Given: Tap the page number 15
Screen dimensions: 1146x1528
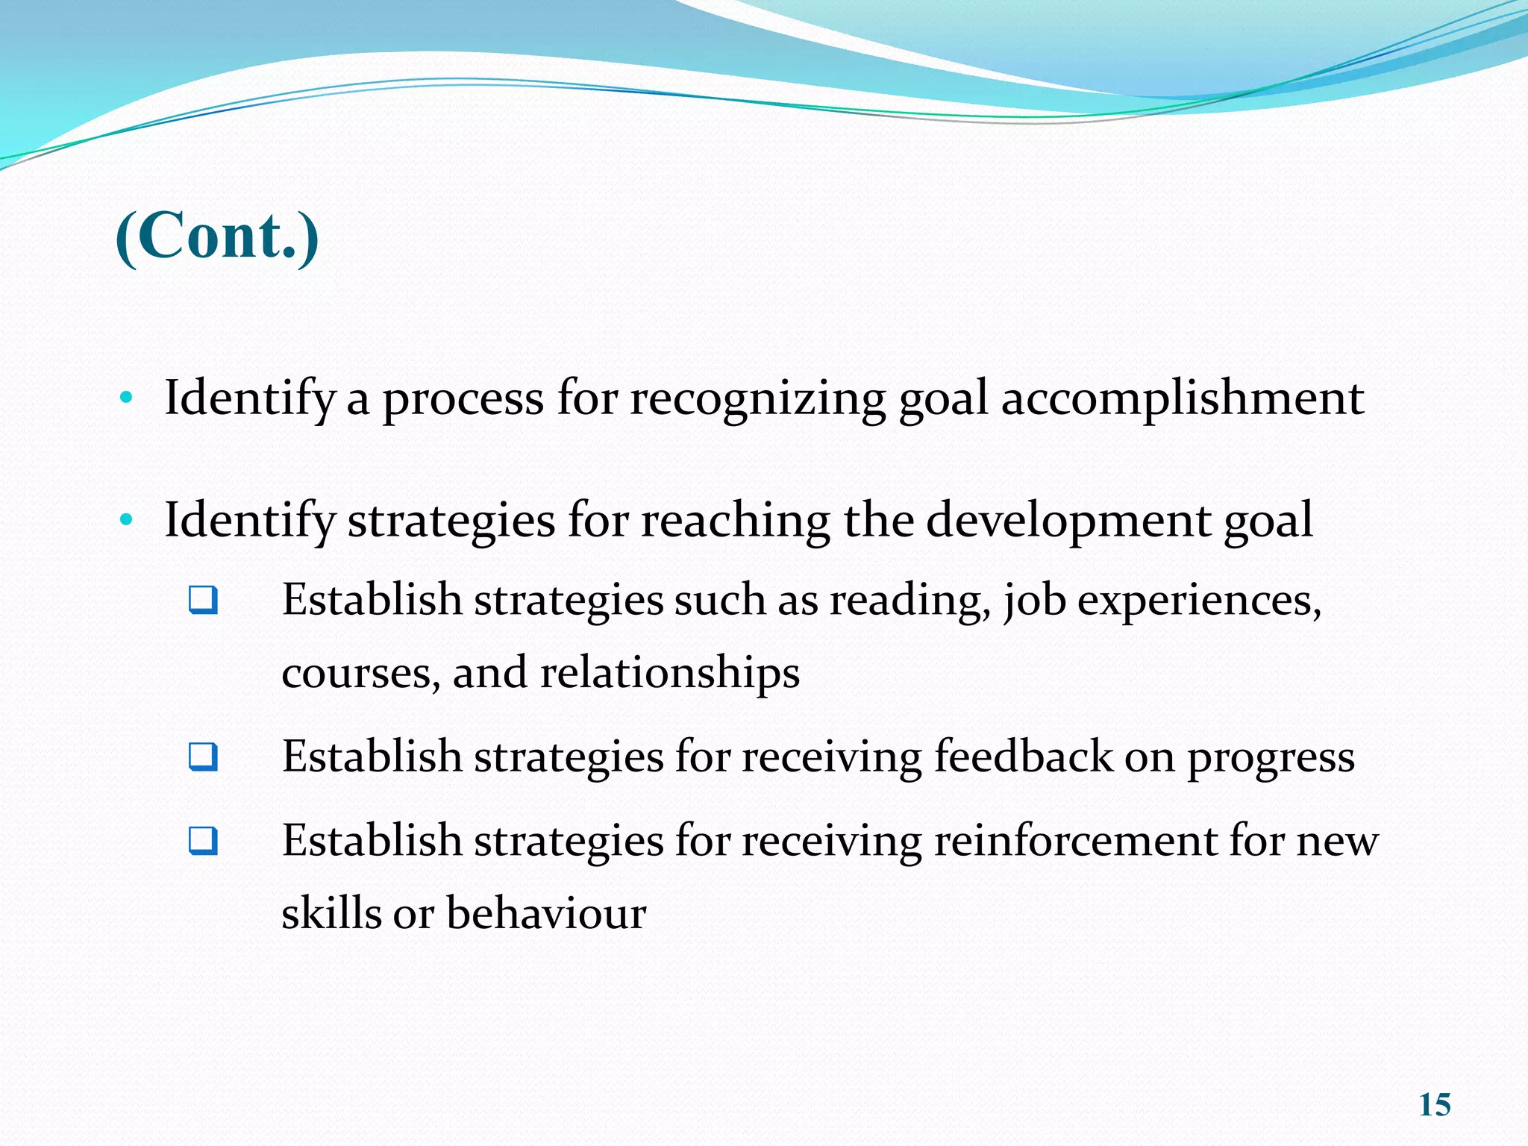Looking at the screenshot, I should coord(1434,1105).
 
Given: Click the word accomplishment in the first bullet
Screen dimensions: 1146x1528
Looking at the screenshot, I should coord(1182,398).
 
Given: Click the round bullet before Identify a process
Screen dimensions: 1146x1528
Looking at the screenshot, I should coord(126,398).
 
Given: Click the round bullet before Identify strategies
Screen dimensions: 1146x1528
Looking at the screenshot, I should coord(126,520).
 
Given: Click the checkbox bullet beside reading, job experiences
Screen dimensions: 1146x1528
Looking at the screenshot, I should coord(203,600).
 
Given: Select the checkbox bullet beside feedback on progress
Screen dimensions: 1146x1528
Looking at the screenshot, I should coord(203,757).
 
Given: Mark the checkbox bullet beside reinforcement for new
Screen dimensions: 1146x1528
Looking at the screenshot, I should coord(203,841).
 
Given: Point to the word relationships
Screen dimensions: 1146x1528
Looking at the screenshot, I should coord(669,673).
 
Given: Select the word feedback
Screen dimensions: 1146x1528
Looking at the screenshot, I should coord(1023,757).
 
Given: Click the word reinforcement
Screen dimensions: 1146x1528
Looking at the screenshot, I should coord(1075,841).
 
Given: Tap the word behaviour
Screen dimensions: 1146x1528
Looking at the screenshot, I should coord(545,913).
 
